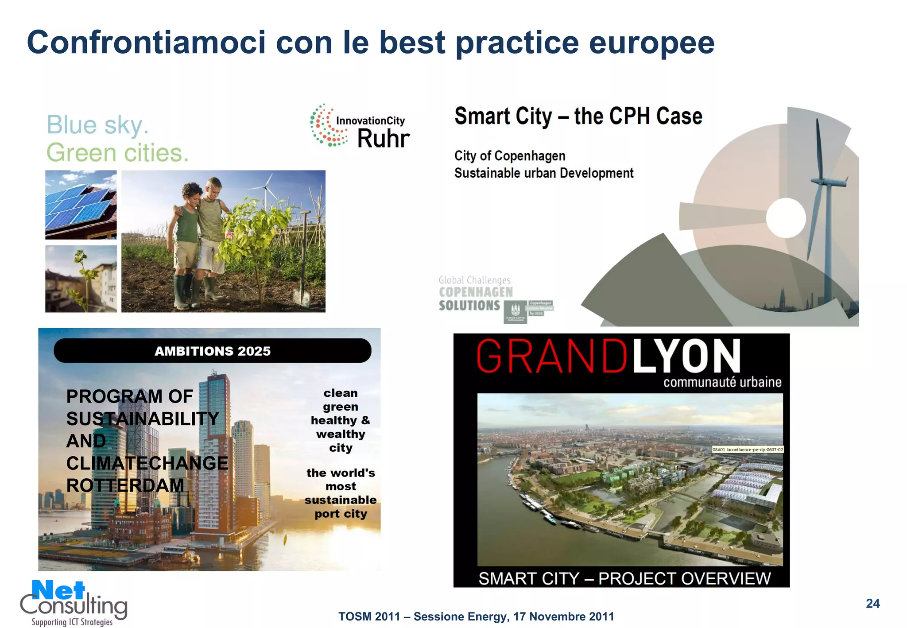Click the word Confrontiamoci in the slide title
coord(146,43)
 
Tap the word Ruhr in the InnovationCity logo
coord(383,139)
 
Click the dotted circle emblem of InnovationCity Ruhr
coord(328,125)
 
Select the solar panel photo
coord(81,205)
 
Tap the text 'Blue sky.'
coord(97,125)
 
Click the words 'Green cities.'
coord(117,153)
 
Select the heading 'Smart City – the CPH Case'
coord(578,116)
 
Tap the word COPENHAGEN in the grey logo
coord(476,292)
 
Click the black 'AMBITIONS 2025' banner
coord(213,351)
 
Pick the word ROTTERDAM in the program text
coord(125,486)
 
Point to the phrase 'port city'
coord(341,514)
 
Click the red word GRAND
coord(551,357)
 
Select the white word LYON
coord(686,357)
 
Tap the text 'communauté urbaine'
coord(722,382)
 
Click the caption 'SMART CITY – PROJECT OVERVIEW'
coord(624,578)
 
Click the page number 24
coord(872,604)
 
